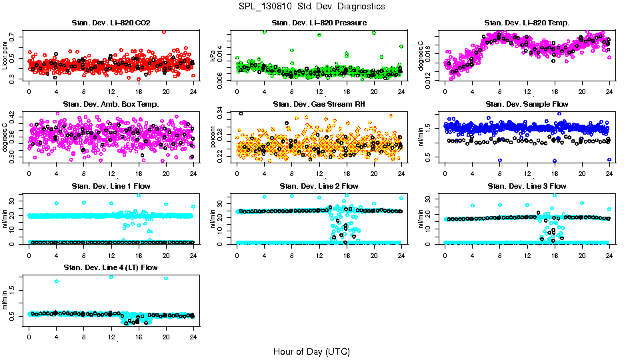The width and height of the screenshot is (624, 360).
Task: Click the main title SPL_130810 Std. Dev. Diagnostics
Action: [x=311, y=6]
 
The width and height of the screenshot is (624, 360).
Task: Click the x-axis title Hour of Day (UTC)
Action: [x=311, y=351]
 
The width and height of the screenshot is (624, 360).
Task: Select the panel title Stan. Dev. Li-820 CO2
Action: [x=111, y=23]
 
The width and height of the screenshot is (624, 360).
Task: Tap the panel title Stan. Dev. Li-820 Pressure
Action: [x=319, y=23]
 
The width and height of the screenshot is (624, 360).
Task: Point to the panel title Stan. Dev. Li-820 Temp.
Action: [x=527, y=23]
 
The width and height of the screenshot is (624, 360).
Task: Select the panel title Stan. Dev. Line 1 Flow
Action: [x=111, y=186]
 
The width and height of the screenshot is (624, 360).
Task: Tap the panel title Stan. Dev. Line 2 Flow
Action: [x=319, y=186]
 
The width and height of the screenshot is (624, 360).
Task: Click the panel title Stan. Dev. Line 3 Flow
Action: [x=527, y=186]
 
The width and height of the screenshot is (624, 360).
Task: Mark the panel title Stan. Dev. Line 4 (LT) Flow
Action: [x=111, y=267]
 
